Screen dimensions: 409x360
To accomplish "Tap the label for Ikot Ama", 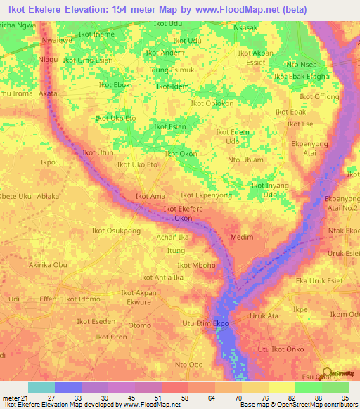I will coord(150,197).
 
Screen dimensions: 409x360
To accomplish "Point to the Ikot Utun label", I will coord(98,152).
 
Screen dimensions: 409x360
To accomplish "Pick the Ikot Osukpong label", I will coord(116,231).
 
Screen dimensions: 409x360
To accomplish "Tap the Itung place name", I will coord(176,250).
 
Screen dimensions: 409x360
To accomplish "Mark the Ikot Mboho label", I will coord(196,265).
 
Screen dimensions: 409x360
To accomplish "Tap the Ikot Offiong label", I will coord(320,96).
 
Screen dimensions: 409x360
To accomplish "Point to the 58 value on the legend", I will coord(173,398).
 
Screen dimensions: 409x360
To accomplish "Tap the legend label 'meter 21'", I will coord(15,398).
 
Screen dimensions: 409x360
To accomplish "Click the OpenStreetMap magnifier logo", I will coord(328,373).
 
